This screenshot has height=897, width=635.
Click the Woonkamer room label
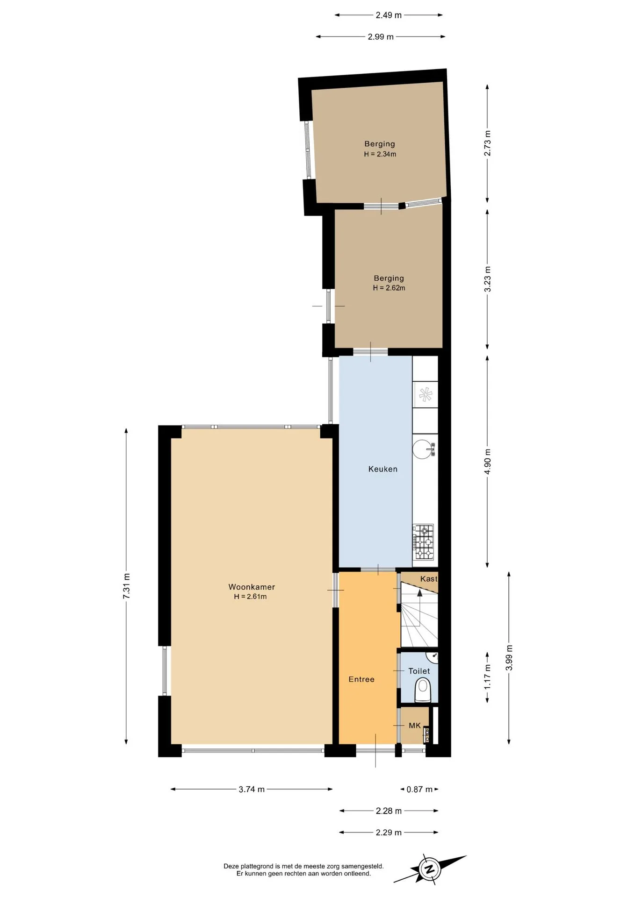252,587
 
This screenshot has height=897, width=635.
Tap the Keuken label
383,469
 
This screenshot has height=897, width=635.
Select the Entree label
361,679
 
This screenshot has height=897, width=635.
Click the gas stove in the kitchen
423,542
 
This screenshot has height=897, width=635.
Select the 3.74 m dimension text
252,789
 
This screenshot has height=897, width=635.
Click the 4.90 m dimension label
487,462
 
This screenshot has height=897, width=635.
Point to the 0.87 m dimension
419,789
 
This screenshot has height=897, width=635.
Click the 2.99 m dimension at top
381,36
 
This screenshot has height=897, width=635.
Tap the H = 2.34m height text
380,154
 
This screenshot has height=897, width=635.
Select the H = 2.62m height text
389,288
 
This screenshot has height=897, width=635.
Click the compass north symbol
429,869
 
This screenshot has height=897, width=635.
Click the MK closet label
415,726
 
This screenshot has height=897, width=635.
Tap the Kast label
429,579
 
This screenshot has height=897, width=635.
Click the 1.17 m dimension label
487,677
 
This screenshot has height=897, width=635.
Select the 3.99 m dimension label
509,658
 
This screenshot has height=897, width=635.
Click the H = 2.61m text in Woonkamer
250,597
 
